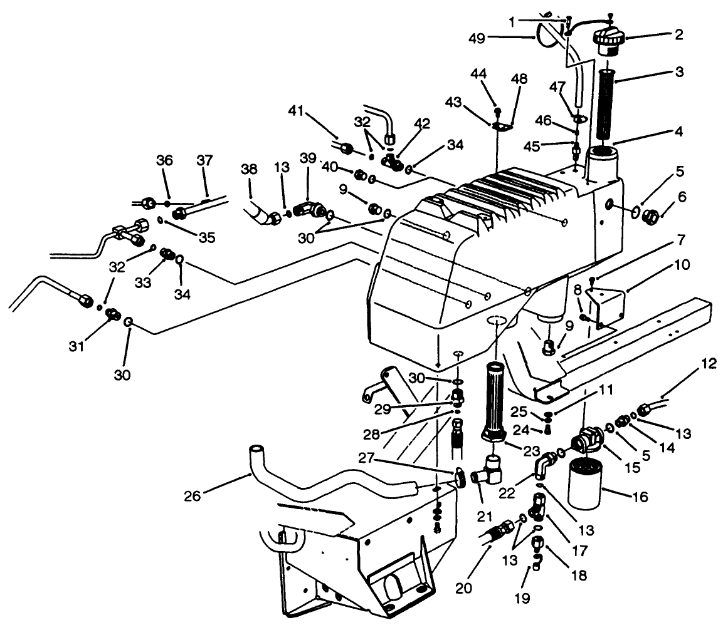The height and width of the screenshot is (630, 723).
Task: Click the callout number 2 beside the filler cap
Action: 679,35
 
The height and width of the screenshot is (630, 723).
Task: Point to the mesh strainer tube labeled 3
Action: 606,103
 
